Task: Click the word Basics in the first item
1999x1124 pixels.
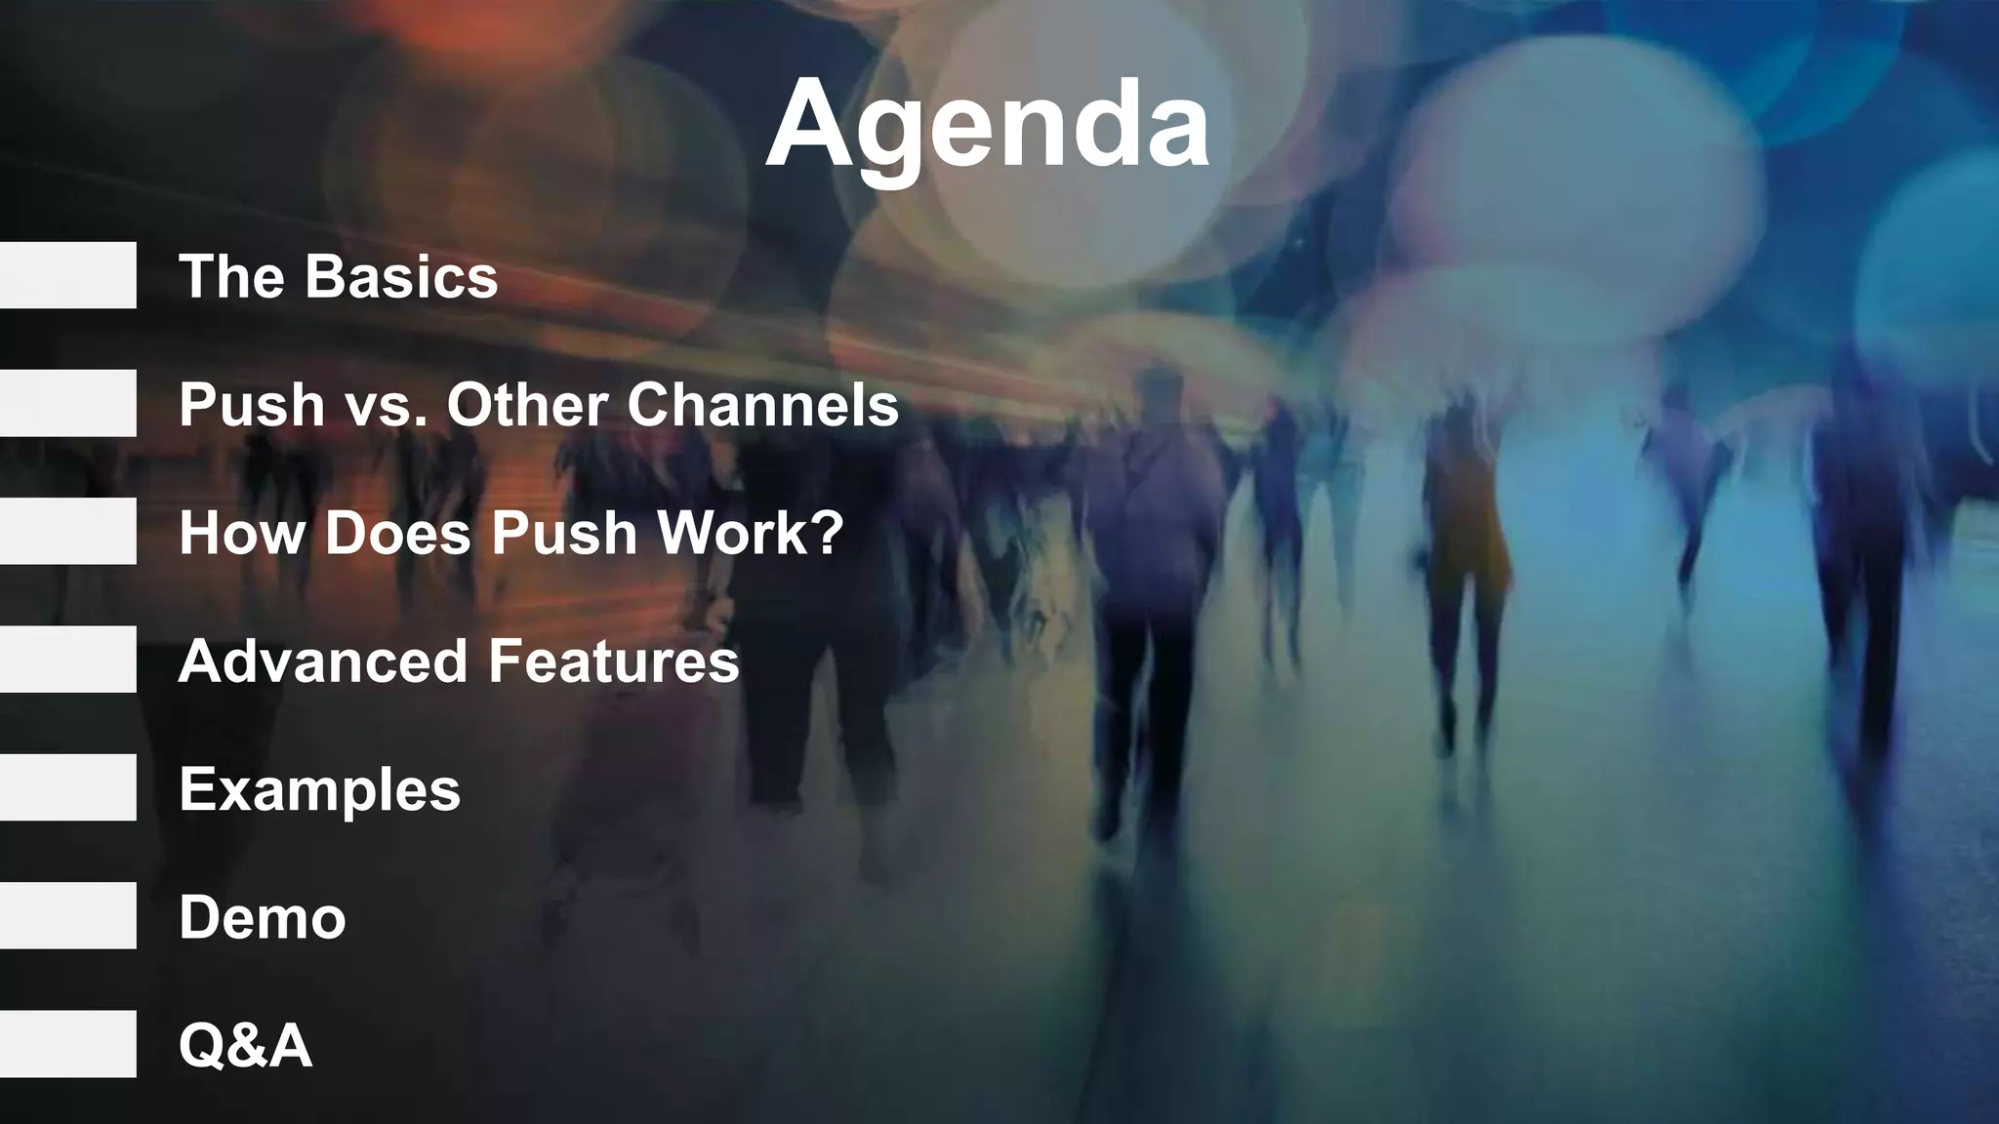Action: click(x=401, y=276)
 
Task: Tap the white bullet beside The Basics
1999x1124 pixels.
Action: click(x=67, y=275)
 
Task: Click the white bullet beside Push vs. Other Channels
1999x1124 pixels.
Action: click(x=67, y=403)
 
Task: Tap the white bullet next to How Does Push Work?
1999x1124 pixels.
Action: click(x=67, y=531)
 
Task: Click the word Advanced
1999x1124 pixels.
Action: click(x=323, y=661)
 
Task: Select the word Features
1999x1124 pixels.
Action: click(x=614, y=661)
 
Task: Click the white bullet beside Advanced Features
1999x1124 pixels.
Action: click(x=67, y=660)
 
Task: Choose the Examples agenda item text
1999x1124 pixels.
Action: click(x=319, y=789)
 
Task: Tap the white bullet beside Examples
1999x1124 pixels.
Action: click(x=67, y=787)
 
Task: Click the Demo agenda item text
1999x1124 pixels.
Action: click(x=263, y=918)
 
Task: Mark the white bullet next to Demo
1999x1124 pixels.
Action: click(x=67, y=915)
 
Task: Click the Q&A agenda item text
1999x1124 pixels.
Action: click(x=245, y=1046)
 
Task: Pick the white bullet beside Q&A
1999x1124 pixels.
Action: click(x=67, y=1044)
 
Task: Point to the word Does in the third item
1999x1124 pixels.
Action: click(x=397, y=533)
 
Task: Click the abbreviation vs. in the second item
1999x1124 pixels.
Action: click(x=386, y=406)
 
